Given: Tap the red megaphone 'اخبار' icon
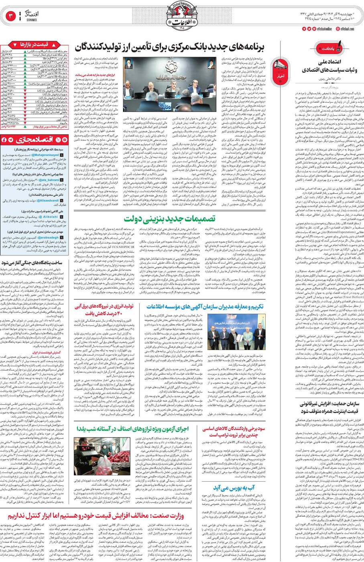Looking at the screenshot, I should tap(280, 69).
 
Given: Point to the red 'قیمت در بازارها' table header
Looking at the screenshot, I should tap(35, 44).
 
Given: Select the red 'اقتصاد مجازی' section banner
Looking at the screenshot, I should tap(35, 140).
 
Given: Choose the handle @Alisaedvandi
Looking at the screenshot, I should tap(47, 200).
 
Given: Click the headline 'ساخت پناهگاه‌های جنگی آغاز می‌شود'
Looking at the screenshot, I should tap(35, 263).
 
